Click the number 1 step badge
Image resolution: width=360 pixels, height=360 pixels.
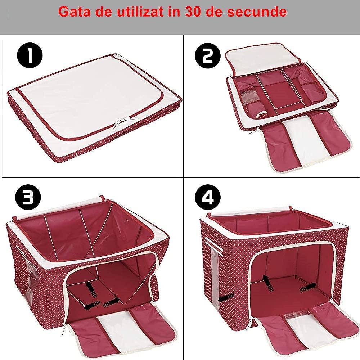pos(30,56)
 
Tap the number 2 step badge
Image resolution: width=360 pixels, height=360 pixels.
pos(207,56)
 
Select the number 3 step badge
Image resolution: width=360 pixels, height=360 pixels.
pos(28,197)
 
